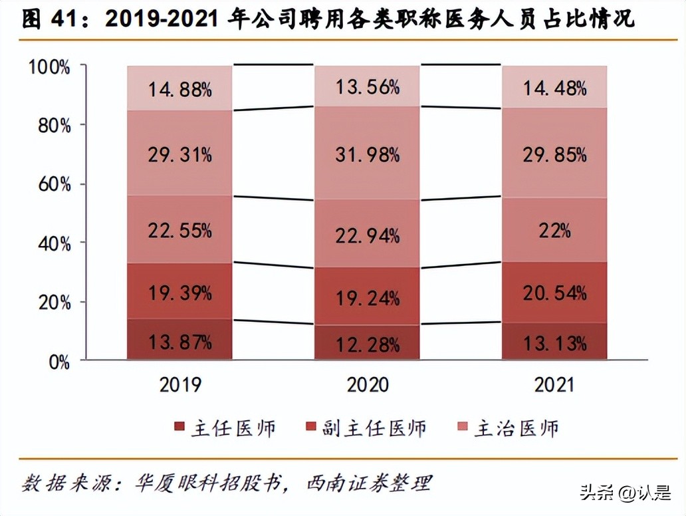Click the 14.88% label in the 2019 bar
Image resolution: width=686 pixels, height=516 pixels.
179,88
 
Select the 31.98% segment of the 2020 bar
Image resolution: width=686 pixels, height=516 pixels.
367,155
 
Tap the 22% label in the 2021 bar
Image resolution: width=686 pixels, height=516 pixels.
554,231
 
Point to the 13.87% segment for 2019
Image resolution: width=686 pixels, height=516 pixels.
179,342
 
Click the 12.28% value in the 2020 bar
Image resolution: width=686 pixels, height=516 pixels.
367,344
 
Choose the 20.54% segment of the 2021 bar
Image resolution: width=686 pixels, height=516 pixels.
554,292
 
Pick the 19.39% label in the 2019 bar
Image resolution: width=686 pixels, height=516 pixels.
179,292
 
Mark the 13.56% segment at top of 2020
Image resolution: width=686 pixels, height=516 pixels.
367,86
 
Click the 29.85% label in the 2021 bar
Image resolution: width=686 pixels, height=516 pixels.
554,155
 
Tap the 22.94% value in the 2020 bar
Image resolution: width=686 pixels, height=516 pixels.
367,235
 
